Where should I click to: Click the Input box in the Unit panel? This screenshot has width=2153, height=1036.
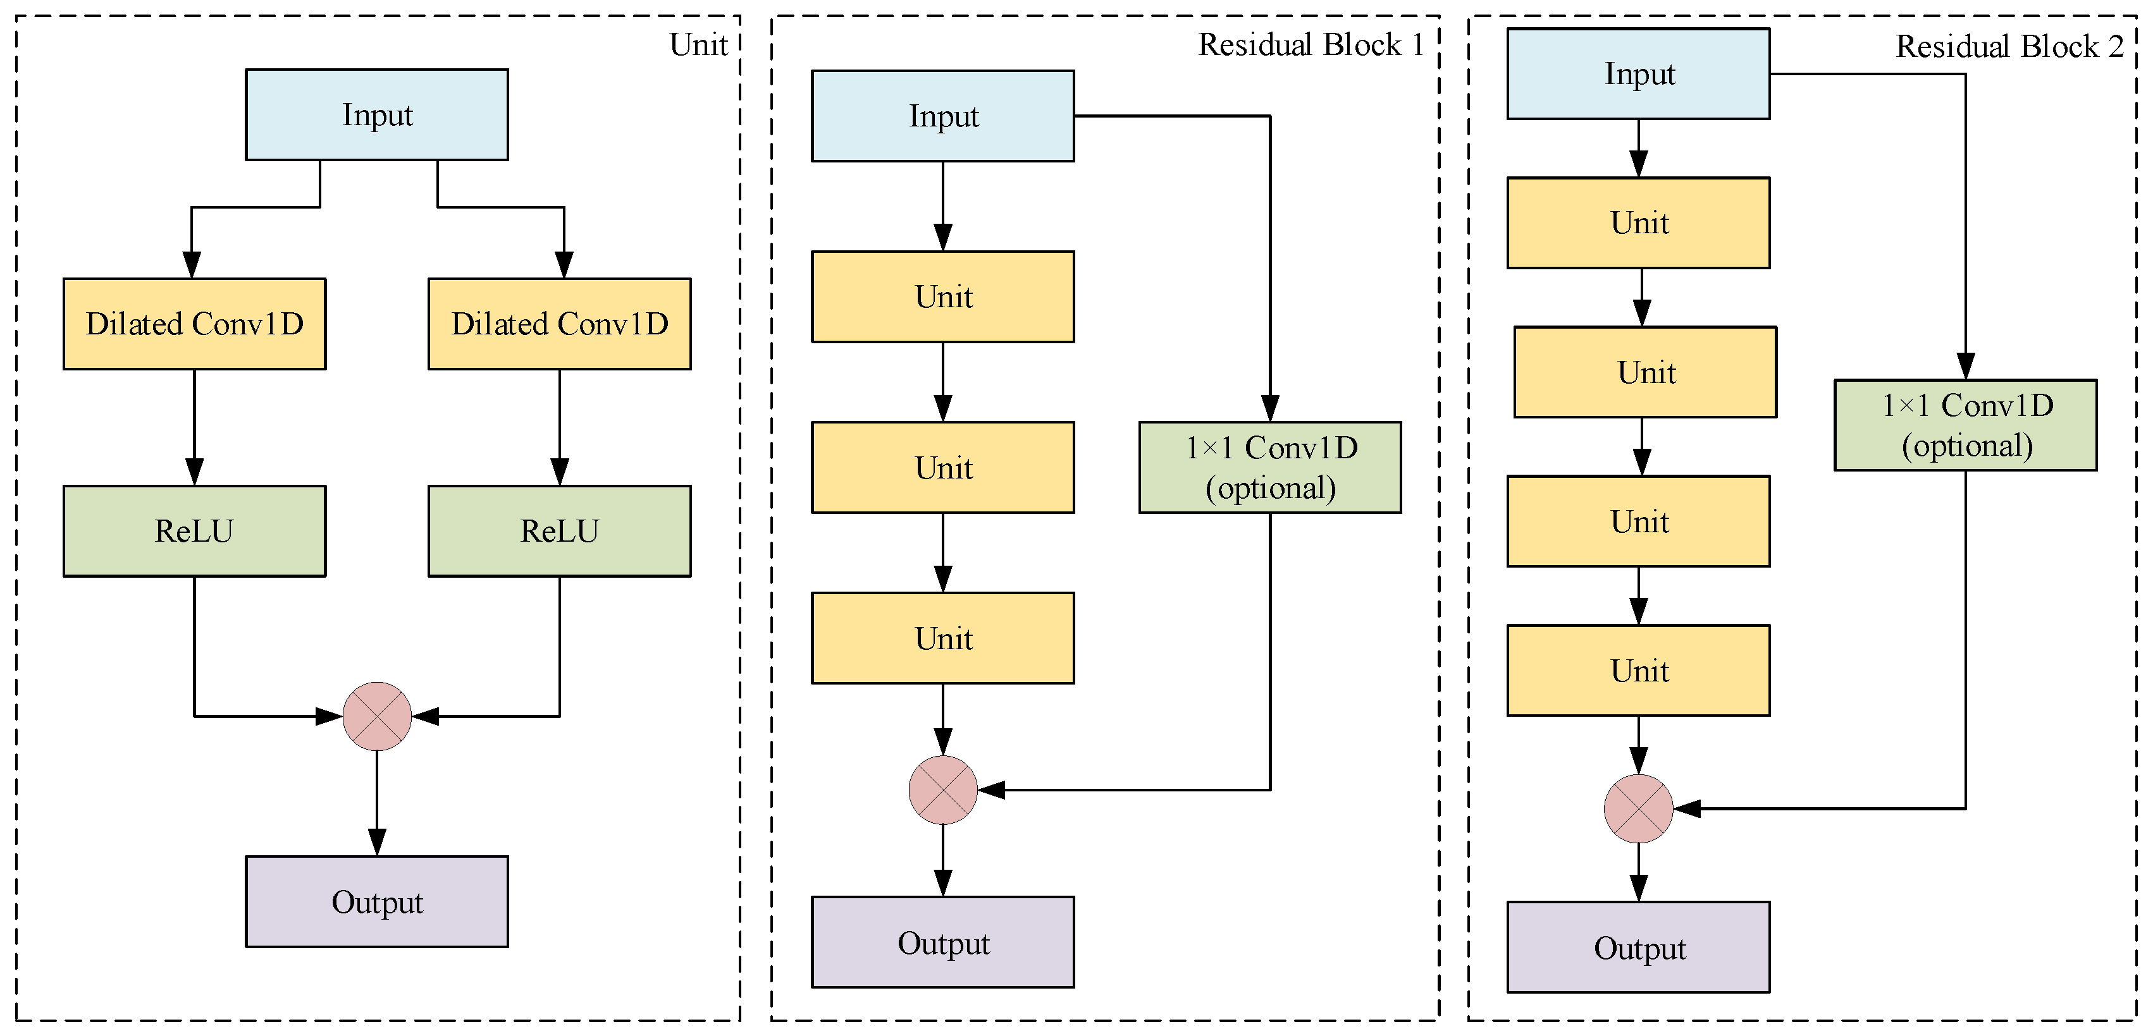coord(376,114)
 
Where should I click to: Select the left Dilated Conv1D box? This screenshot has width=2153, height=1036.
coord(194,324)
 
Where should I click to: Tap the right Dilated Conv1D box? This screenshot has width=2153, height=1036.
coord(559,324)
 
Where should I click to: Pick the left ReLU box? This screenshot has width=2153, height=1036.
coord(194,530)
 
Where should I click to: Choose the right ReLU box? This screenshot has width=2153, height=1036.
coord(559,530)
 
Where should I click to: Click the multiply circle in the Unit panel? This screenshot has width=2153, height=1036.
coord(377,716)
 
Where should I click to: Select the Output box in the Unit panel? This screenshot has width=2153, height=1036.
coord(376,901)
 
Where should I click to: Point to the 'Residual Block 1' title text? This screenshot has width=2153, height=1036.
coord(1311,45)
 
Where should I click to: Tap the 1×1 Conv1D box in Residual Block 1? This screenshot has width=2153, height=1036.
coord(1269,467)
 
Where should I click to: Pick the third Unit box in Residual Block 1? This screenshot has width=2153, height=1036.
coord(943,638)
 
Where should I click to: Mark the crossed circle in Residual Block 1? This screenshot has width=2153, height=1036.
coord(943,789)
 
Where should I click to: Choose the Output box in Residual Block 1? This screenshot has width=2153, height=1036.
coord(943,942)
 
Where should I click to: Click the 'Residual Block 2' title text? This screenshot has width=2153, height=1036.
coord(2009,47)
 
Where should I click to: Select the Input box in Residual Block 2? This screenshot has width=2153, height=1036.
coord(1638,73)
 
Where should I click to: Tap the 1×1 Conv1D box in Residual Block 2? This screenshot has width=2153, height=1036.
coord(1965,425)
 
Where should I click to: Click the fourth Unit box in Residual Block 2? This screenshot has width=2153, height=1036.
coord(1638,670)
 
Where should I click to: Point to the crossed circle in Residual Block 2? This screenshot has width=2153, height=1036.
coord(1638,808)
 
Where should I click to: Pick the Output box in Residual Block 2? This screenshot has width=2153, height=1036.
coord(1638,948)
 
